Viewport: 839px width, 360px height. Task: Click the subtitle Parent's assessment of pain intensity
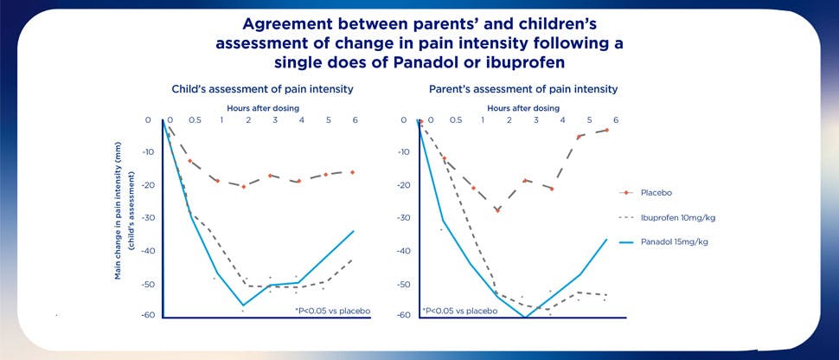point(522,89)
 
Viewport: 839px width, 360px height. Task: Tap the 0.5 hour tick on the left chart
point(195,120)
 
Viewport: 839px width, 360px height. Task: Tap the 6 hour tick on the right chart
point(615,120)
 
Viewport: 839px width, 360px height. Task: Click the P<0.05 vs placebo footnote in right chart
point(457,309)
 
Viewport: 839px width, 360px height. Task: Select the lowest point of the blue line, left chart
point(243,305)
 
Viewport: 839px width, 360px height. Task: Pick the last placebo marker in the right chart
point(607,130)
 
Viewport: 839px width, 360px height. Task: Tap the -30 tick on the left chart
point(149,218)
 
